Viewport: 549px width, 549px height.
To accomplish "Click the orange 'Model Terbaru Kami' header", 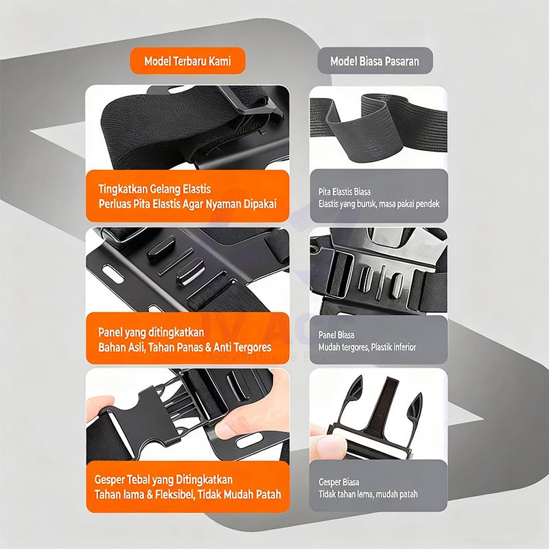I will [187, 60].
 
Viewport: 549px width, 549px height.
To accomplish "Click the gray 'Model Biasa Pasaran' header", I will [374, 60].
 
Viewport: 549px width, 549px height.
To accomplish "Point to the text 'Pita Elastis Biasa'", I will [344, 191].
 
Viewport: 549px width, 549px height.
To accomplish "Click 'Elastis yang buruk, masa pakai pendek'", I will [379, 204].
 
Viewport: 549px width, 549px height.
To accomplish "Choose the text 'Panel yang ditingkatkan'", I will [144, 331].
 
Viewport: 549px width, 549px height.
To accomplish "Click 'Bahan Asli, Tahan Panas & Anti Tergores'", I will [185, 347].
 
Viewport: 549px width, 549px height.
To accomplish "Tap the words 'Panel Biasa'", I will [336, 335].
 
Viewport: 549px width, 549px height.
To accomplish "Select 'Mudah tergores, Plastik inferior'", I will [367, 347].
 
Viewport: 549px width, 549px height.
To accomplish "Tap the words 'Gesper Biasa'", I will [339, 482].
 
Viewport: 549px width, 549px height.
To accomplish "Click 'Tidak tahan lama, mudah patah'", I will [368, 494].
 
